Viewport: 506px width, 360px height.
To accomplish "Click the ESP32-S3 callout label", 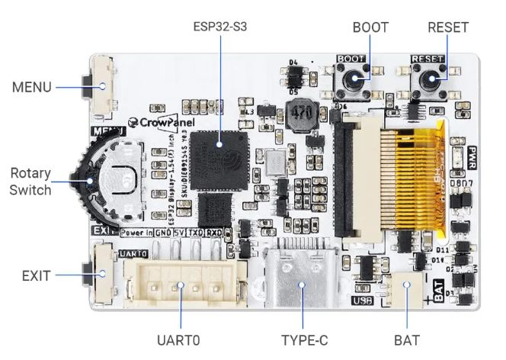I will (221, 27).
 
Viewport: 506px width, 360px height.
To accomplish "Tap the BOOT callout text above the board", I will (370, 27).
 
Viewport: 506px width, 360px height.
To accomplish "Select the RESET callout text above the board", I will (447, 27).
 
